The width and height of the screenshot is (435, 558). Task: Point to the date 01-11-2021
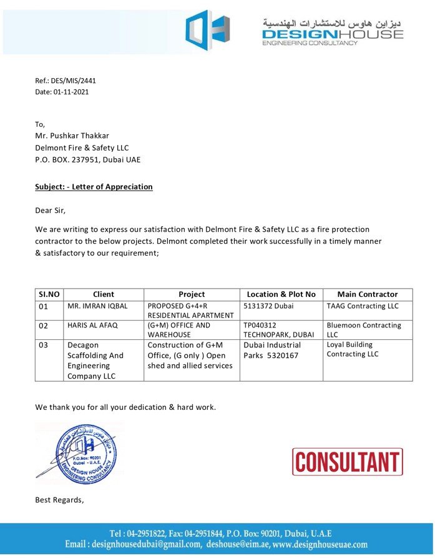pos(71,92)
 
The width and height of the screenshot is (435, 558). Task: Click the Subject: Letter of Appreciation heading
pos(94,187)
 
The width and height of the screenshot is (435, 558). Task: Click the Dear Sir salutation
pos(50,210)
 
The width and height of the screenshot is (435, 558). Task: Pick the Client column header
pos(104,294)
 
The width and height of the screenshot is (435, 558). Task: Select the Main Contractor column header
pos(368,294)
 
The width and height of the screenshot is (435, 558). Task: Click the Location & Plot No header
pos(281,294)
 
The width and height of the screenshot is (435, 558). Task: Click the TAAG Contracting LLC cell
pos(362,306)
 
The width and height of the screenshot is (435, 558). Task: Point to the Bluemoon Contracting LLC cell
pos(364,330)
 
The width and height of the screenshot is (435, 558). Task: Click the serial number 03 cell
pos(44,345)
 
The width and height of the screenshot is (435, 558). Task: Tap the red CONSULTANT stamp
pos(347,462)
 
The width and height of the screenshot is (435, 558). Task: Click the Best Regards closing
pos(59,500)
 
